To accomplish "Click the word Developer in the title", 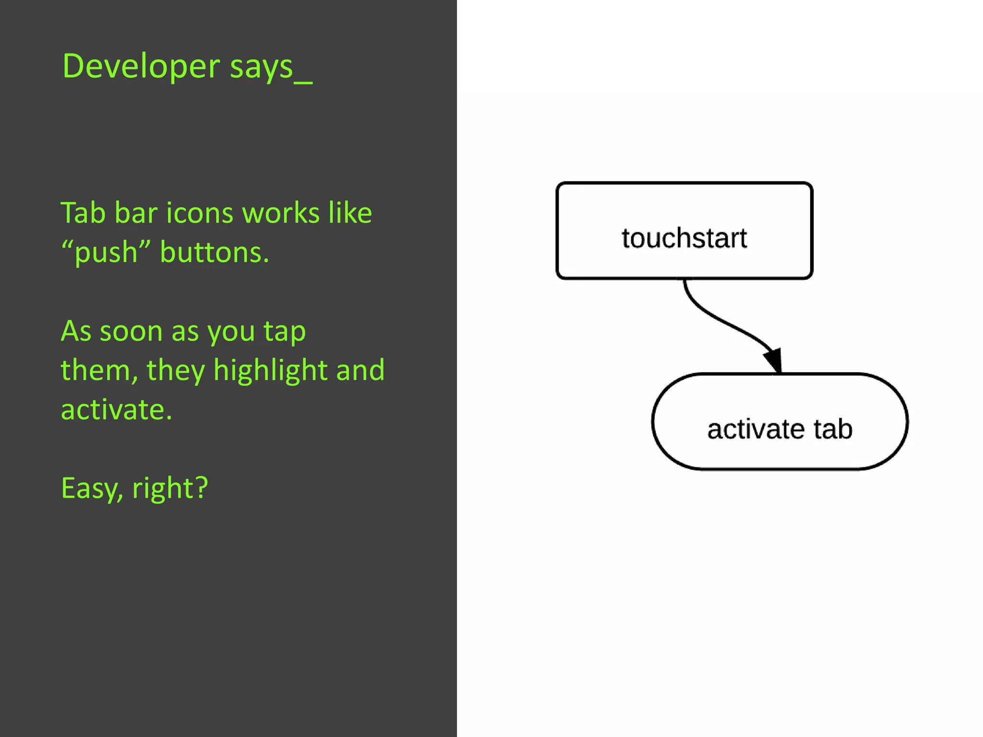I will (141, 66).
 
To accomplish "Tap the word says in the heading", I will (261, 67).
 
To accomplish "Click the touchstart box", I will (683, 231).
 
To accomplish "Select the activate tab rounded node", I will (779, 421).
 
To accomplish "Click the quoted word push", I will (106, 253).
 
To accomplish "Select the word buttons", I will (214, 252).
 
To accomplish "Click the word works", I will (281, 214).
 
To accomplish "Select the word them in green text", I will (96, 370).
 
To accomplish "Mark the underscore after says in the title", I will (303, 81).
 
